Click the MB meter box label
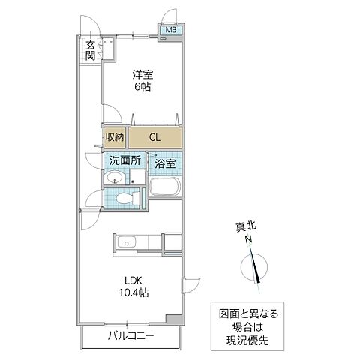170,30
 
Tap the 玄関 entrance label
90,49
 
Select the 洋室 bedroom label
144,73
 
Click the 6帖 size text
144,86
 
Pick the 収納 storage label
113,137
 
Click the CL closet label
154,137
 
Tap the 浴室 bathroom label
165,163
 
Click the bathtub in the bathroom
165,187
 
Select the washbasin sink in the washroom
114,179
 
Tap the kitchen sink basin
125,242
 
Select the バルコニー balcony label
130,334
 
